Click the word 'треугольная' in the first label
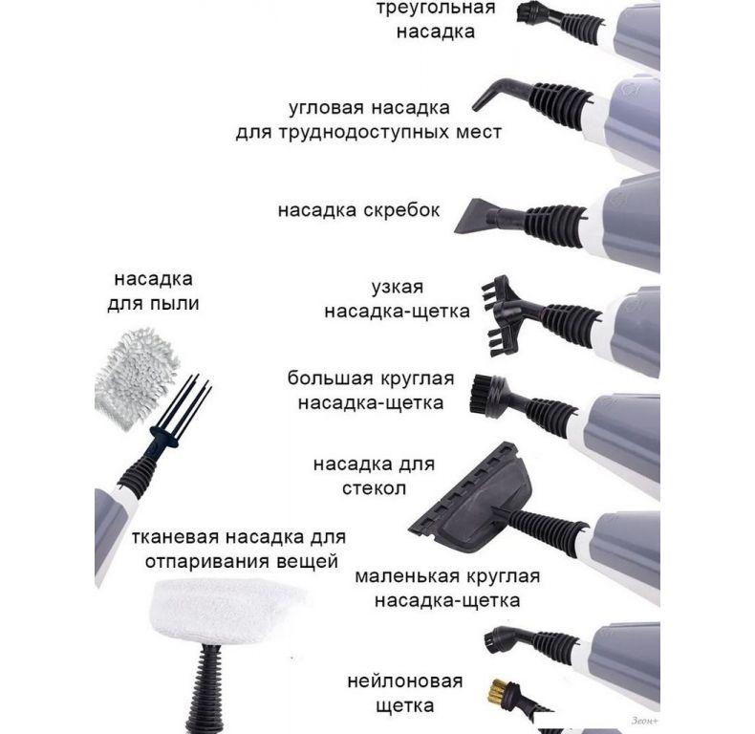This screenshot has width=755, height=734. click(x=435, y=9)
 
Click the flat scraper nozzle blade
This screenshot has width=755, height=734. click(x=474, y=216)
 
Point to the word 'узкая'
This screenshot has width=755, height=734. click(x=398, y=288)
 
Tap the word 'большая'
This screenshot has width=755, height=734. click(x=330, y=378)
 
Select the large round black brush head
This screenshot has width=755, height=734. click(x=487, y=396)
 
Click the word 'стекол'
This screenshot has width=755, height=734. click(x=374, y=488)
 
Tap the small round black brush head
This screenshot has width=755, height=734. click(x=496, y=641)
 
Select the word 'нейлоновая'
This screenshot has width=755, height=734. click(x=405, y=681)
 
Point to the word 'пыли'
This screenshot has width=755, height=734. click(x=175, y=304)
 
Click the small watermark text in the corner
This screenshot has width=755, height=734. click(x=643, y=721)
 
